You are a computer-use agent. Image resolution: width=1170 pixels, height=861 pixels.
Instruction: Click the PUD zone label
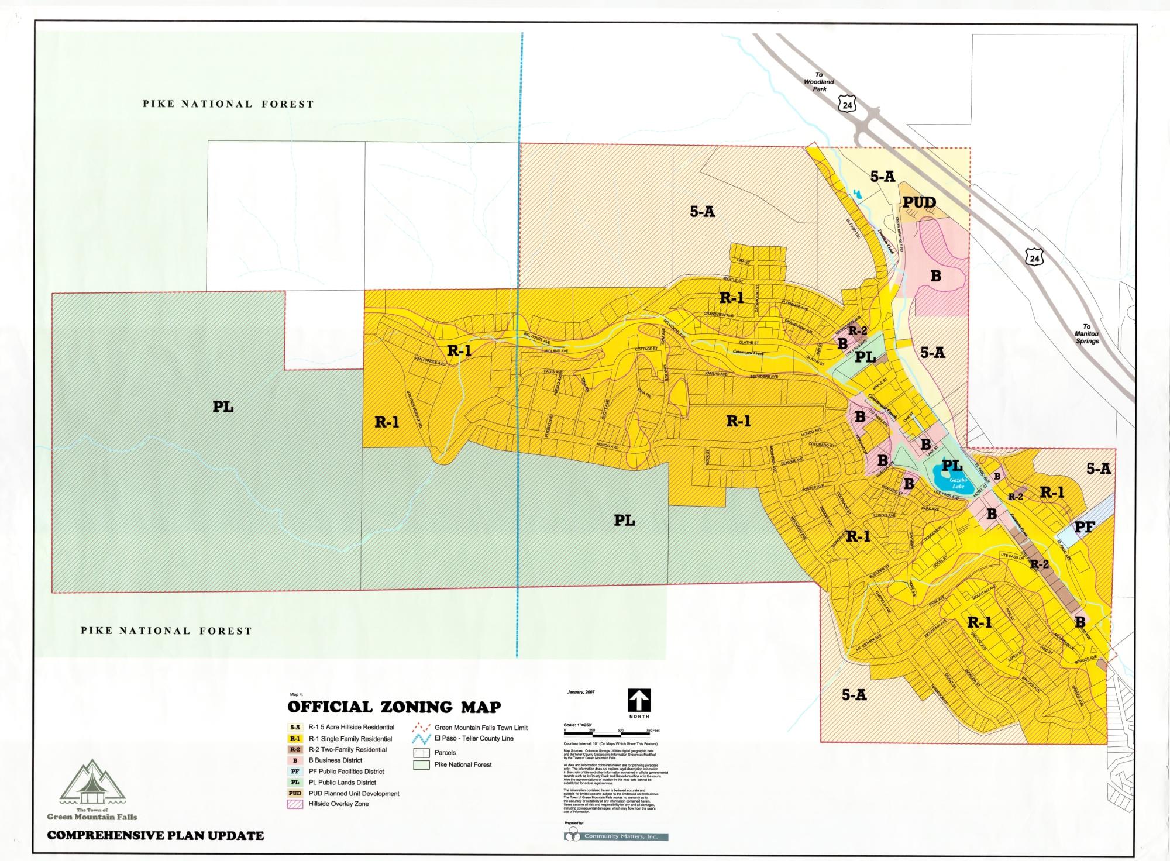pos(919,202)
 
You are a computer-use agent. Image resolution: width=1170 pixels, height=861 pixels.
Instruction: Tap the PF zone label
pos(1084,527)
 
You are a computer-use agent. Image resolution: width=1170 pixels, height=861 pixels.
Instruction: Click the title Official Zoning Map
pos(394,707)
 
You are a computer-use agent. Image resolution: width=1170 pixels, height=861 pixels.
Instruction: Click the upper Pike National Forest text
pos(228,104)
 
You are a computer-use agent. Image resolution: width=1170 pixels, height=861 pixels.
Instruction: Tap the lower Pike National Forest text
pos(166,631)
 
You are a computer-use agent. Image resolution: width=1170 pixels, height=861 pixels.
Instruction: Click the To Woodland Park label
pos(819,82)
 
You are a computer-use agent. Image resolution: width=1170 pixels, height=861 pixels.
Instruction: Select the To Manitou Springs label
pos(1086,334)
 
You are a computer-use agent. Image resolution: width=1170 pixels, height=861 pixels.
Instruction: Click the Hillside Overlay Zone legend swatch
pos(295,804)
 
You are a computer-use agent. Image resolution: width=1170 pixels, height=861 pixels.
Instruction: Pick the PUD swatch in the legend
pos(295,794)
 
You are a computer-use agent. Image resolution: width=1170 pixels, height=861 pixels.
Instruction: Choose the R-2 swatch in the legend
pos(295,749)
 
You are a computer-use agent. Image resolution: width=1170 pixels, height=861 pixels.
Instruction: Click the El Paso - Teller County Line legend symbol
pos(421,739)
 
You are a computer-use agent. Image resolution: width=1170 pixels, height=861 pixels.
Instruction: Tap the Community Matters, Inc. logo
pos(616,836)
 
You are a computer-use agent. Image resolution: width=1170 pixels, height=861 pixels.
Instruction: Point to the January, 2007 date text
pos(580,692)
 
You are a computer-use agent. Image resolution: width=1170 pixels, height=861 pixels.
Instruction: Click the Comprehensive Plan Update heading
pos(156,835)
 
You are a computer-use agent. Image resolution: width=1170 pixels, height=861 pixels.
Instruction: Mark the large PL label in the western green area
pos(223,407)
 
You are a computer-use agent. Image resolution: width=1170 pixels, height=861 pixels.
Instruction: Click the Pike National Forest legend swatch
pos(421,764)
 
